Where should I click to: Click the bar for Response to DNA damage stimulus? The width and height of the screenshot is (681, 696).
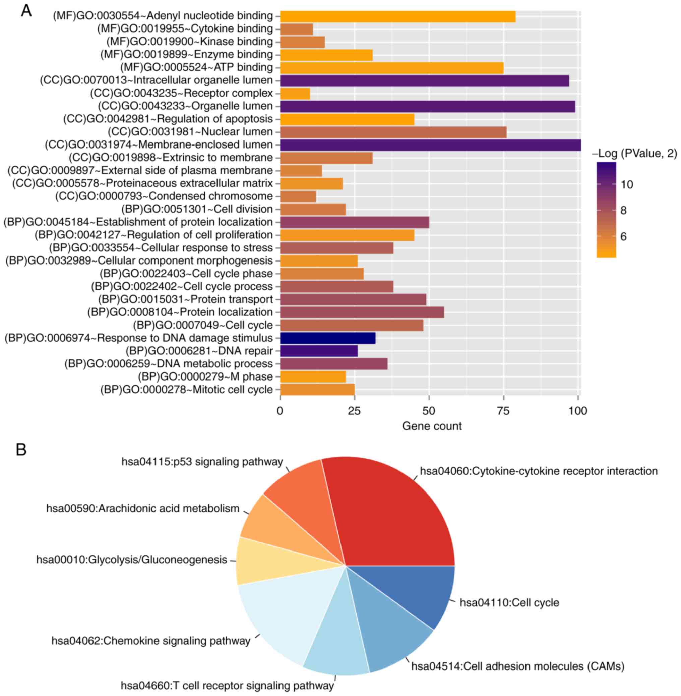pyautogui.click(x=328, y=338)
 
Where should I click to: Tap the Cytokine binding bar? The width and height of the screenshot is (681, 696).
pyautogui.click(x=297, y=28)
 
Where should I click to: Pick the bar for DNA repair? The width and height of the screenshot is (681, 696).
pyautogui.click(x=319, y=351)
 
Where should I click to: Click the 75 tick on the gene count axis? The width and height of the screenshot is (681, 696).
pyautogui.click(x=503, y=411)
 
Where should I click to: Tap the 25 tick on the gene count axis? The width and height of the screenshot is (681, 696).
pyautogui.click(x=355, y=411)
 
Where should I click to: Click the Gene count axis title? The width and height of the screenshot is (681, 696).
pyautogui.click(x=432, y=426)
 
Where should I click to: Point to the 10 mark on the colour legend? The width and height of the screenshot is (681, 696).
pyautogui.click(x=627, y=185)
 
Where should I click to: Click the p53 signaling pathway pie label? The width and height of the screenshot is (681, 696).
pyautogui.click(x=202, y=462)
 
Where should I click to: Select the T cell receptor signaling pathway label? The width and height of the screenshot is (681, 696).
pyautogui.click(x=227, y=686)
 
